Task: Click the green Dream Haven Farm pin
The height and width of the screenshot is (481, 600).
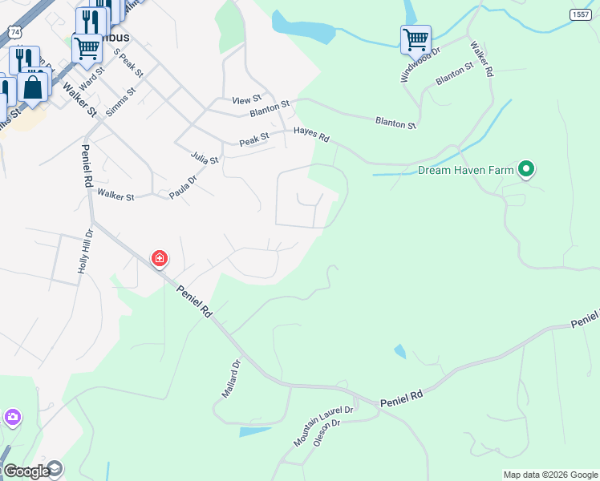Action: click(526, 169)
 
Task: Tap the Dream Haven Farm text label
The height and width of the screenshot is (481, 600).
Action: click(464, 171)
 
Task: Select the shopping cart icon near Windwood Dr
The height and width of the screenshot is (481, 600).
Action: click(416, 38)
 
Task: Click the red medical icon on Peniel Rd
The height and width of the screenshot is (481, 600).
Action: click(160, 258)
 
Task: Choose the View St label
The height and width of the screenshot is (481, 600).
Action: click(241, 100)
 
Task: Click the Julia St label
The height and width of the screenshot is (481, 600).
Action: click(205, 156)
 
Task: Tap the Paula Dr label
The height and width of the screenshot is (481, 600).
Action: click(182, 188)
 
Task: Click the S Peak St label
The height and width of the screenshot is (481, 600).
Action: click(128, 63)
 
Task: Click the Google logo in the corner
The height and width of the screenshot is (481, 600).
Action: click(26, 471)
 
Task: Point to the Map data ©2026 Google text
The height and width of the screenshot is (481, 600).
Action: click(550, 475)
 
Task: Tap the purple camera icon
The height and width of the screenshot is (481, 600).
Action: click(12, 417)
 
